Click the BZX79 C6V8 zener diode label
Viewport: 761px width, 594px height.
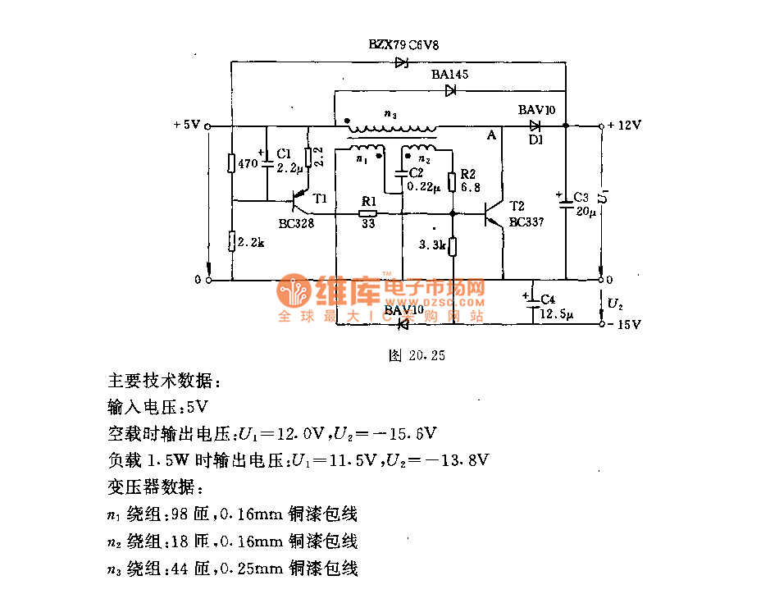point(408,44)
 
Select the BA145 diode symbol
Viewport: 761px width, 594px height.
point(450,91)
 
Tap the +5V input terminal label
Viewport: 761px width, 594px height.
point(186,126)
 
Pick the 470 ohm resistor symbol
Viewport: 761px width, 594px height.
point(232,163)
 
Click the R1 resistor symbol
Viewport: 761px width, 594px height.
point(368,213)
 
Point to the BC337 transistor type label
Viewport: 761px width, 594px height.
point(525,222)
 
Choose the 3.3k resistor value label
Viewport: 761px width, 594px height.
point(431,244)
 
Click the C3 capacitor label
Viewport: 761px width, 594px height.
point(581,198)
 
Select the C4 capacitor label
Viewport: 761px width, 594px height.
point(548,298)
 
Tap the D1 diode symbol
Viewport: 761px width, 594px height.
point(535,126)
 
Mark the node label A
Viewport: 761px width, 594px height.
point(492,136)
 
